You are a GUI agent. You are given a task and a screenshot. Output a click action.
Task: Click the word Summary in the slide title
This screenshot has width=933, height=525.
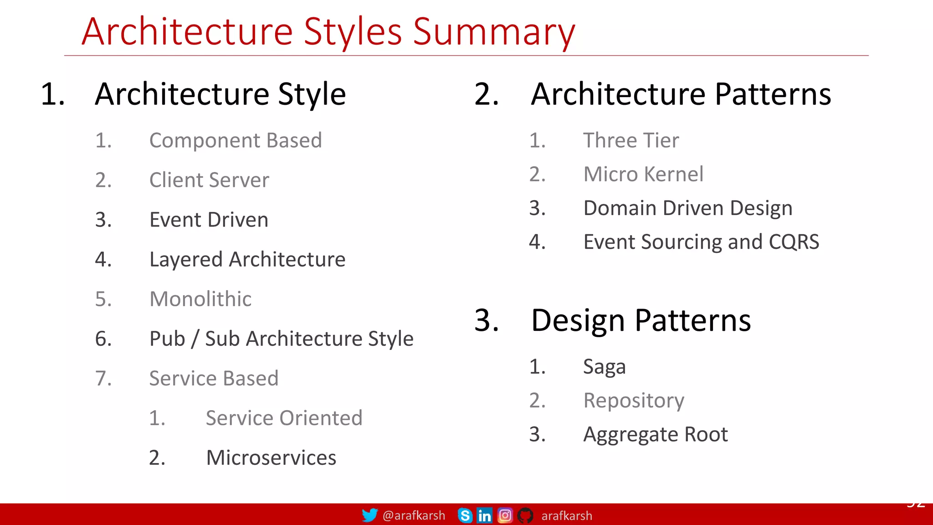[x=494, y=32]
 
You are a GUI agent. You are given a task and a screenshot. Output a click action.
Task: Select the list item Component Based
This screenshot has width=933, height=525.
[x=236, y=140]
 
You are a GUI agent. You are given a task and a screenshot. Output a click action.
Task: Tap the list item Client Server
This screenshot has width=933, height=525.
[x=209, y=180]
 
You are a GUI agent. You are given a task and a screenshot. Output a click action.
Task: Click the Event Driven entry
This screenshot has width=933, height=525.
[x=209, y=220]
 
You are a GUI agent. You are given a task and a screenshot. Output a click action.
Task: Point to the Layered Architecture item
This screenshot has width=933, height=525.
[x=247, y=259]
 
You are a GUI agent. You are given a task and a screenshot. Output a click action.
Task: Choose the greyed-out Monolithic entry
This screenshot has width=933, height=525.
[x=200, y=299]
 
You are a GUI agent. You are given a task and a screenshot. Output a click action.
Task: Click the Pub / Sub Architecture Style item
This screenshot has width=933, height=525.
[x=281, y=339]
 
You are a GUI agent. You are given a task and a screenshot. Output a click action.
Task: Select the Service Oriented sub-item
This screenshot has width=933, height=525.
[x=284, y=418]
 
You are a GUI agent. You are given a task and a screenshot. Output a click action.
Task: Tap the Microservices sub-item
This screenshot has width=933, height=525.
[x=271, y=458]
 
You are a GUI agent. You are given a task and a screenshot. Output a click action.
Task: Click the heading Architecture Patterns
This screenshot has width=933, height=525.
[x=681, y=94]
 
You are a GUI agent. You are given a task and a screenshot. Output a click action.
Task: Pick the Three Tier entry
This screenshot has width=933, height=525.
[x=631, y=140]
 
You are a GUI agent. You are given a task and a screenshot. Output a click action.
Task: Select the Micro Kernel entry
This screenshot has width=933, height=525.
[x=643, y=174]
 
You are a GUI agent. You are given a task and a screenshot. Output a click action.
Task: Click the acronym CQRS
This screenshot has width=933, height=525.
[x=794, y=242]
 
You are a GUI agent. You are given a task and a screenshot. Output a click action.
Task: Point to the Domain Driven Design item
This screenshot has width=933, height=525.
[x=688, y=208]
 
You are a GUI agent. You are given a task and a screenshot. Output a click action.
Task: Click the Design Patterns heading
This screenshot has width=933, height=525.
[x=641, y=320]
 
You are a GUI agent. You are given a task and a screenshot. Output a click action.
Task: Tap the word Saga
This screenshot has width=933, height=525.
[x=604, y=367]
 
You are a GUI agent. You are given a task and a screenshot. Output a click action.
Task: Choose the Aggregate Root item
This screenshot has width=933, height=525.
[x=655, y=434]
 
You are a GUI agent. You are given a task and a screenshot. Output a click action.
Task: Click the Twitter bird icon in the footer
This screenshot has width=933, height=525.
[x=369, y=515]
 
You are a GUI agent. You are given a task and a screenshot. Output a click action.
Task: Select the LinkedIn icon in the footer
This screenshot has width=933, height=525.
[x=484, y=515]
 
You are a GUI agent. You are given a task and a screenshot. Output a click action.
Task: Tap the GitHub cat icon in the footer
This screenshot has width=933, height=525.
[x=525, y=515]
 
